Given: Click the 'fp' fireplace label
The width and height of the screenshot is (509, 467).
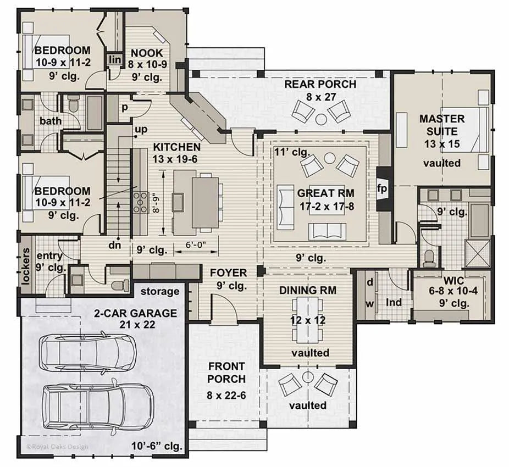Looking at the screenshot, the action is [381, 188].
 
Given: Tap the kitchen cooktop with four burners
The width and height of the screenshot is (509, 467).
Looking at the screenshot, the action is [140, 203].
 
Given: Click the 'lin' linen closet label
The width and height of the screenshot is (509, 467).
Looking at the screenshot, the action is [115, 60].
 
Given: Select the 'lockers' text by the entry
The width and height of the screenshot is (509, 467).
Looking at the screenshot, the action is [26, 266].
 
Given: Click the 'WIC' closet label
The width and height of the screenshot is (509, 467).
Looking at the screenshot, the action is [453, 280].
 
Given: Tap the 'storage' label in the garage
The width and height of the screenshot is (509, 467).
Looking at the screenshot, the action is [160, 292].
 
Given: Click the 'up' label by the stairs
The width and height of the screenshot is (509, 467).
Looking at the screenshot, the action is [141, 130].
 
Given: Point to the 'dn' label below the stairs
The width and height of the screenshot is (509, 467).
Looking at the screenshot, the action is [114, 245].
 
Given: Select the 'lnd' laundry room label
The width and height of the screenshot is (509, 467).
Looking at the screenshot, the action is [394, 303].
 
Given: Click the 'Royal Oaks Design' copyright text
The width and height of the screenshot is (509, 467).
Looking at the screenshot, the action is [57, 447].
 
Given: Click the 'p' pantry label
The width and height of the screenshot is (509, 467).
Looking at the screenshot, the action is [124, 108].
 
